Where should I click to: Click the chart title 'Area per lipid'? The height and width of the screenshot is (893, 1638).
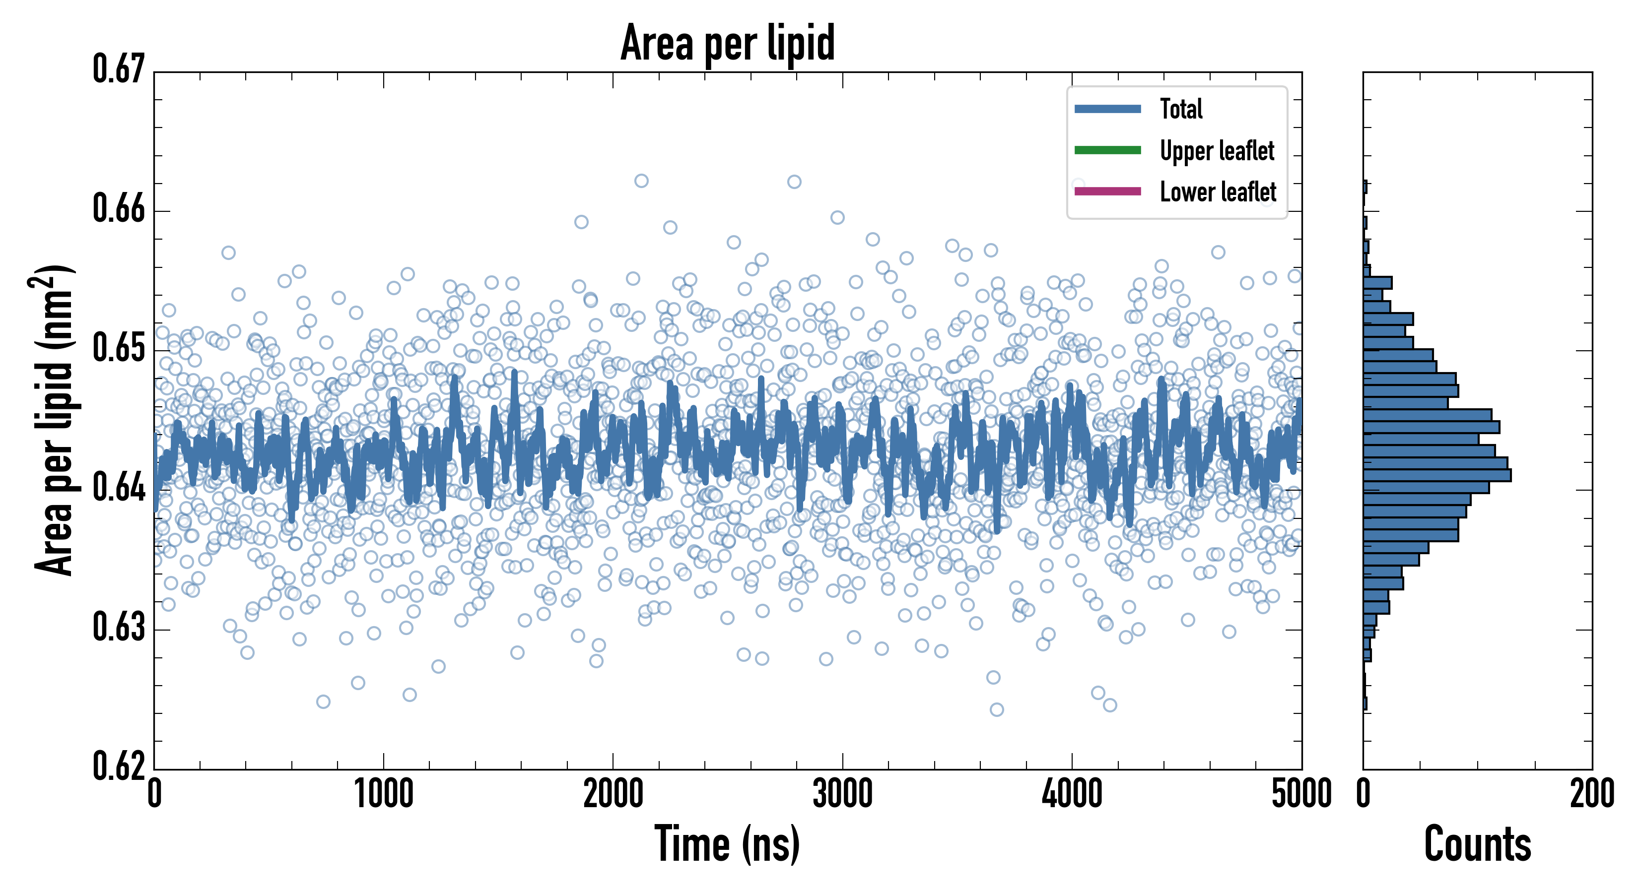click(728, 43)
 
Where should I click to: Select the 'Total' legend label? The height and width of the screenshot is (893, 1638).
click(1181, 109)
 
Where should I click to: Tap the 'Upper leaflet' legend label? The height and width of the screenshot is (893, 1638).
click(1217, 151)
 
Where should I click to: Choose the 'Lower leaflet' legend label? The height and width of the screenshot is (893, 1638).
click(1218, 191)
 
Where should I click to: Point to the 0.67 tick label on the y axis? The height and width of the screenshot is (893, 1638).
click(119, 69)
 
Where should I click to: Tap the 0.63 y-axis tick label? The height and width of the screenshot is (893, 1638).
click(119, 627)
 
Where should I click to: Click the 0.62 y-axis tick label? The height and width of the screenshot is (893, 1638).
click(119, 766)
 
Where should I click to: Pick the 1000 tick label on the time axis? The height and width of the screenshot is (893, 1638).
click(383, 794)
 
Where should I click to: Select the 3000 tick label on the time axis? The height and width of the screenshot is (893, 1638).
click(842, 794)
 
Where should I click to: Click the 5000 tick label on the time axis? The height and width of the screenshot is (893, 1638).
click(1301, 794)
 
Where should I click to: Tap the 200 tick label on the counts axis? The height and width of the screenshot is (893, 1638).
click(1591, 794)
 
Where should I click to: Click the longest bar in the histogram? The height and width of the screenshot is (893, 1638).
click(1437, 475)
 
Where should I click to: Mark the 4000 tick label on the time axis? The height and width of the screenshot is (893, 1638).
click(1072, 794)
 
